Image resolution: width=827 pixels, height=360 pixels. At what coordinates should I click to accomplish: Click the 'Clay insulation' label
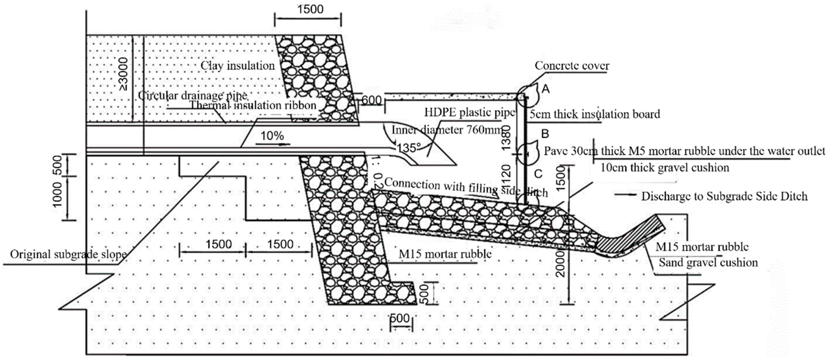[238, 66]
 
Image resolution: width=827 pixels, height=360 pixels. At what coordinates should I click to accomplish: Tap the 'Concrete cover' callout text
[572, 66]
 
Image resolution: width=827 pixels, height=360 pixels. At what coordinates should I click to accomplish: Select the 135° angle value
[408, 148]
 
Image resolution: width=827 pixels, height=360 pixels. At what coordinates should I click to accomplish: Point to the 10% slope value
[272, 136]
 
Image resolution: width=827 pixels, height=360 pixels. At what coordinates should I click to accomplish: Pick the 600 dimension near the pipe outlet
[371, 100]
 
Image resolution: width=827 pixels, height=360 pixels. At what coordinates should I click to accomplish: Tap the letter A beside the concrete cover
[545, 89]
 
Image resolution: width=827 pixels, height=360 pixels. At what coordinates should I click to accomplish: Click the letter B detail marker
[545, 133]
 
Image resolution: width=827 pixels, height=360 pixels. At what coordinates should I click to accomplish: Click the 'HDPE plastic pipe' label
[469, 112]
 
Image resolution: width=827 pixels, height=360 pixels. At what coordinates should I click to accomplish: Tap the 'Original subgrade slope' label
[68, 254]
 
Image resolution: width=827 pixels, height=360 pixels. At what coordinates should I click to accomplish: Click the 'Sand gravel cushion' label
[708, 262]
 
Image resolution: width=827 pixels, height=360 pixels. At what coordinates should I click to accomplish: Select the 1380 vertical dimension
[506, 138]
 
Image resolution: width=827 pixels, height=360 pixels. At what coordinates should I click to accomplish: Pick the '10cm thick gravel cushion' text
[664, 168]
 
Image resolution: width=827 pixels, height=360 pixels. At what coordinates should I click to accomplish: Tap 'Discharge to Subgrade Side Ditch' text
[724, 196]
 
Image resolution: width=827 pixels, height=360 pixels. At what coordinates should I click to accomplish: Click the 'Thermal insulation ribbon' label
[253, 105]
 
